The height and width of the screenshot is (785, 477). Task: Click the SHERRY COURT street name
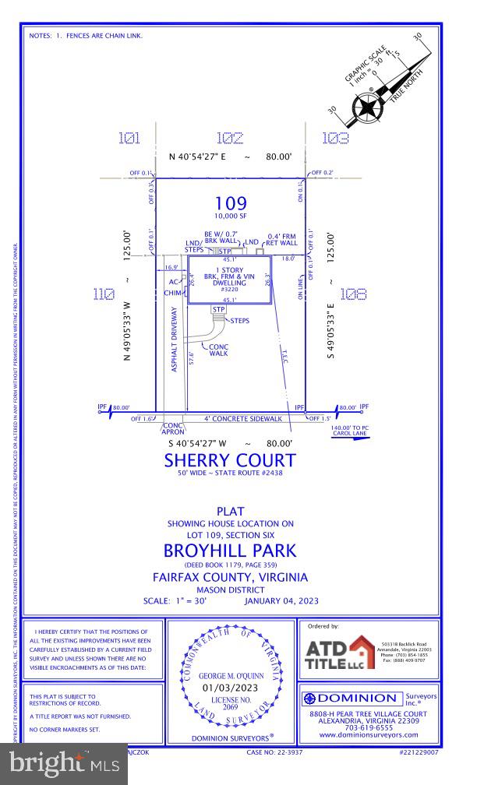tap(230, 460)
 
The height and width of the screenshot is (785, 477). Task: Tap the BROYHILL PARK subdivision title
tap(230, 551)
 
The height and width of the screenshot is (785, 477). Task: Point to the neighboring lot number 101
tap(129, 139)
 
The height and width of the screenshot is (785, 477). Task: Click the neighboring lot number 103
tap(335, 139)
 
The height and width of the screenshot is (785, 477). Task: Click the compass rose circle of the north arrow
tap(365, 108)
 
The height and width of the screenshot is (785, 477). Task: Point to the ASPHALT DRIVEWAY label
tap(175, 338)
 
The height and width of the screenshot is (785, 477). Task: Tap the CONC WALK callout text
tap(219, 351)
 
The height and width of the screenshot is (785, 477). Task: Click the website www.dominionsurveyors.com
tap(369, 734)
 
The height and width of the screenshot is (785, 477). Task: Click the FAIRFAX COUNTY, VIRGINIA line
tap(230, 577)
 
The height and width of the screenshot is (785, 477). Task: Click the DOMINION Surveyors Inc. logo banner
tap(370, 698)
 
